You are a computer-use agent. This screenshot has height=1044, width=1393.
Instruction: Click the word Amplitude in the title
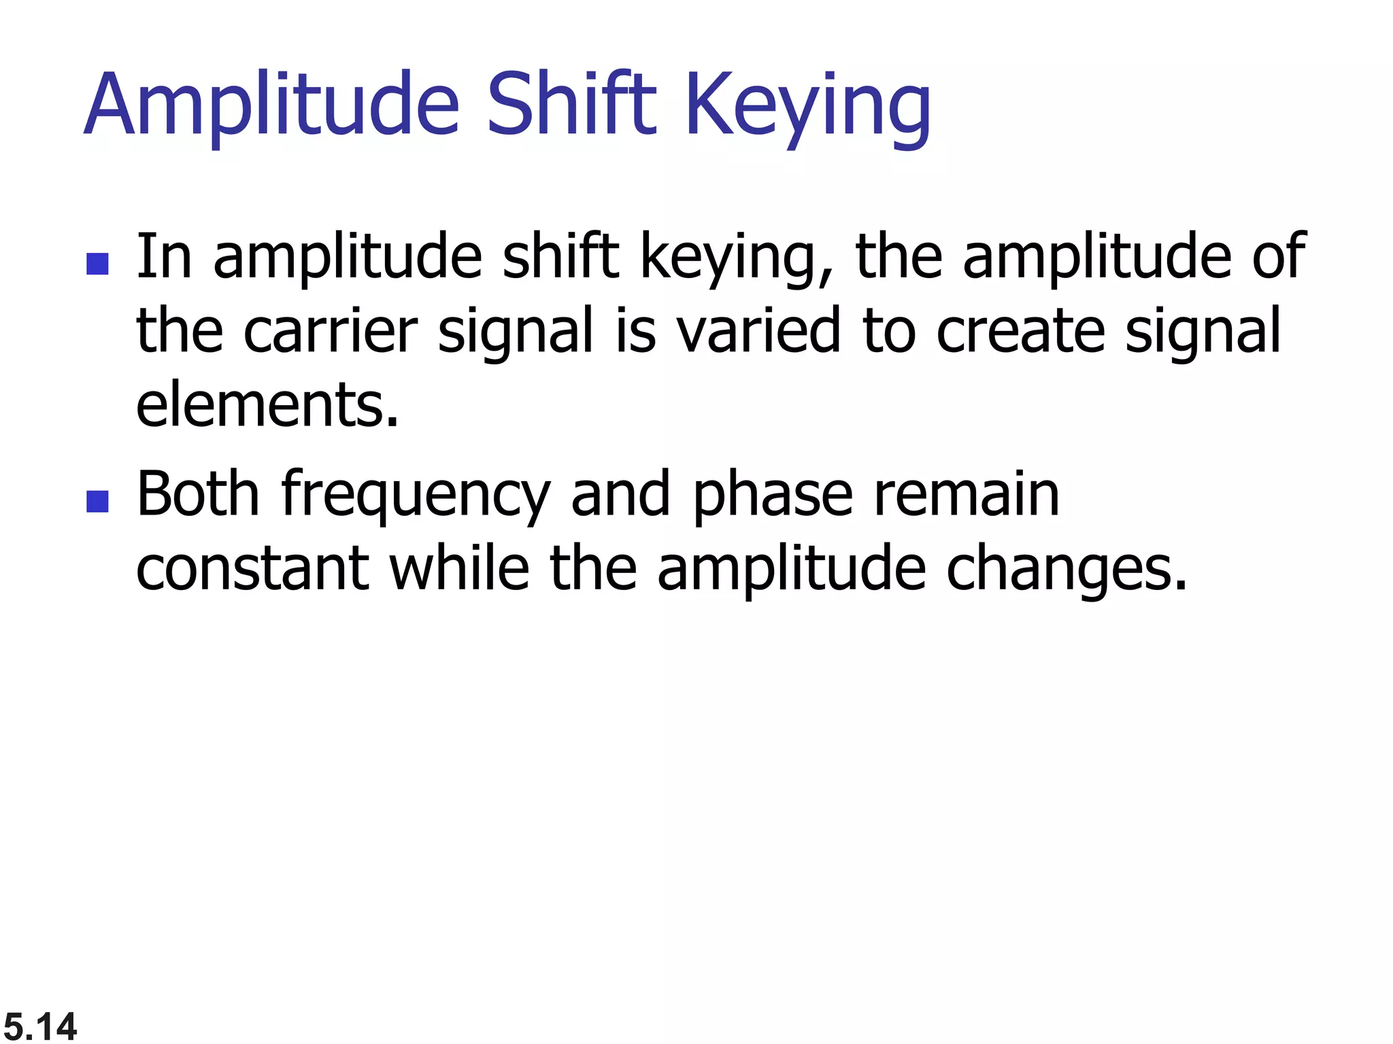click(272, 105)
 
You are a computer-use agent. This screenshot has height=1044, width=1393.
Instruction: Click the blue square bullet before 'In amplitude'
click(98, 264)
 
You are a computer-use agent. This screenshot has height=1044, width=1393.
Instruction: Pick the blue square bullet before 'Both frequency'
click(98, 502)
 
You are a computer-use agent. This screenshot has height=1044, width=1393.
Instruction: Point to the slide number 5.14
click(40, 1026)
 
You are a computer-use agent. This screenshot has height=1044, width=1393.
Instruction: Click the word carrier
click(330, 331)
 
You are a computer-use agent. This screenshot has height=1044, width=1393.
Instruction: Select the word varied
click(758, 331)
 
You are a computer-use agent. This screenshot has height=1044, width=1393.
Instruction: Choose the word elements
click(267, 405)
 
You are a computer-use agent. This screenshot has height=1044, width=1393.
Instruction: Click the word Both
click(198, 494)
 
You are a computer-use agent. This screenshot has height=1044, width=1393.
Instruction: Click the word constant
click(253, 569)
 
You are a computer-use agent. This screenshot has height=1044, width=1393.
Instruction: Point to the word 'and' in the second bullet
click(620, 494)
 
